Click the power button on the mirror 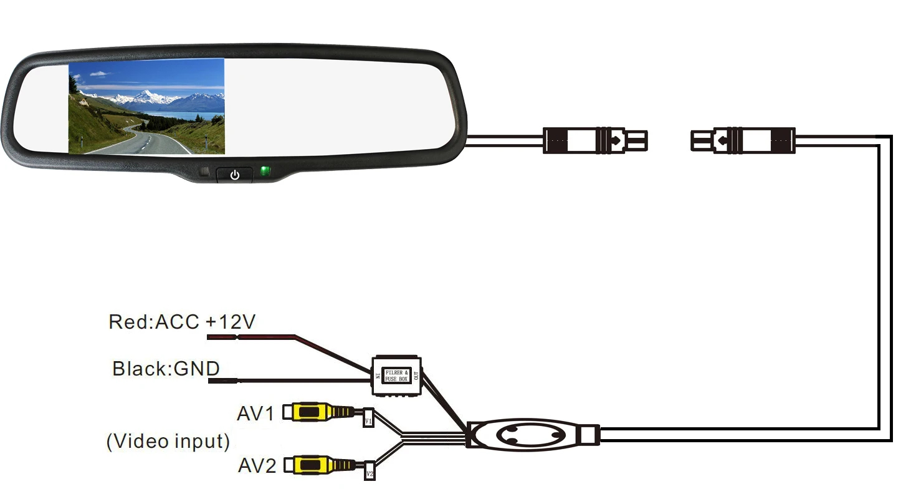click(234, 175)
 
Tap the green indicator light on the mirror click(265, 171)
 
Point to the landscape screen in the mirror click(146, 106)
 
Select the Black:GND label click(166, 368)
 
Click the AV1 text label click(255, 414)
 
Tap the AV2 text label click(257, 465)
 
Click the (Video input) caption click(168, 442)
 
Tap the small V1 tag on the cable click(368, 419)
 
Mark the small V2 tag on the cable click(370, 472)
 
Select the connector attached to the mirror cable click(594, 140)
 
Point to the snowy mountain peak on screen click(147, 94)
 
